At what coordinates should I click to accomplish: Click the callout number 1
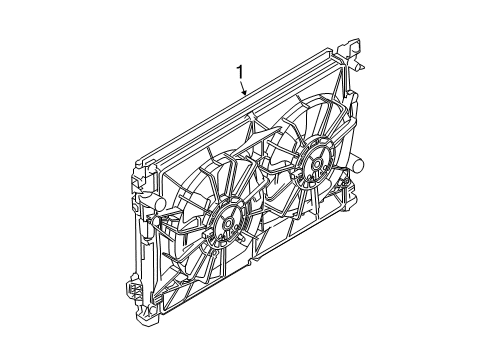[240, 71]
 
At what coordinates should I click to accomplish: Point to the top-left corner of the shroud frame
[136, 160]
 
